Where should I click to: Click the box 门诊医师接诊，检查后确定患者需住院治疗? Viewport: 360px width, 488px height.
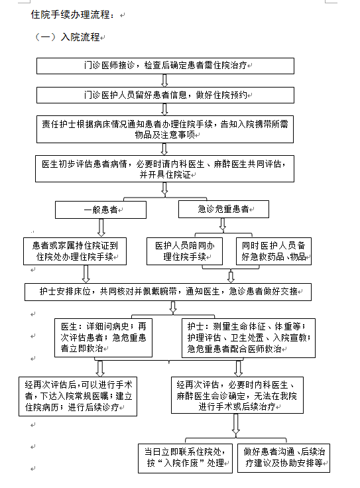coord(165,66)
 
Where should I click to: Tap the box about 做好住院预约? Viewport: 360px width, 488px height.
coord(165,95)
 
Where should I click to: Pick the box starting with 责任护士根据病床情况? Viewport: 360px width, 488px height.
coord(165,129)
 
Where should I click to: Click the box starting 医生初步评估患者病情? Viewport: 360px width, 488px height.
coord(164,168)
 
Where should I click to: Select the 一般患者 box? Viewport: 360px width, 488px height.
coord(101,210)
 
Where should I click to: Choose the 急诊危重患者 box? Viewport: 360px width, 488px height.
coord(223,209)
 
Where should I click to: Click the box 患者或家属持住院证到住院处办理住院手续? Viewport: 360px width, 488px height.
coord(75,251)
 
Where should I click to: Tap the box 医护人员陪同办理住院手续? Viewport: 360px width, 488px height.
coord(184,251)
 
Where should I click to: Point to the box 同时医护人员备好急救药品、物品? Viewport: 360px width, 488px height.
coord(274,251)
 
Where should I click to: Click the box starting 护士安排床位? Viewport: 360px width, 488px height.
coord(168,292)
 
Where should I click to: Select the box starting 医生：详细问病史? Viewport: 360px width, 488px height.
coord(103,337)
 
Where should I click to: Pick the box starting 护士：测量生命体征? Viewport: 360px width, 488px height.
coord(249,337)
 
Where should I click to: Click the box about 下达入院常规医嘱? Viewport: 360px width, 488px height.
coord(78,396)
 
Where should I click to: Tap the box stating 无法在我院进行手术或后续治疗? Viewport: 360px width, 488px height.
coord(237,395)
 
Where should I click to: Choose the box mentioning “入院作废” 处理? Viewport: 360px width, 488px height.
coord(185,458)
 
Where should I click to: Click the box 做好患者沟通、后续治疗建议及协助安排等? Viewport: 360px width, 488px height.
coord(284,458)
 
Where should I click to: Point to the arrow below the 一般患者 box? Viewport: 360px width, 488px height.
coord(101,228)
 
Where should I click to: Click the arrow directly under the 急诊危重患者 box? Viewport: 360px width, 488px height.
coord(223,224)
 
